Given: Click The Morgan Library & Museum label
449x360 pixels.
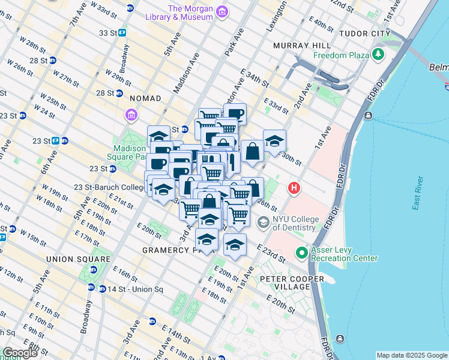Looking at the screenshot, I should click(190, 13).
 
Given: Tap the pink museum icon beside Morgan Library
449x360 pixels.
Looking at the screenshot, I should click(222, 12).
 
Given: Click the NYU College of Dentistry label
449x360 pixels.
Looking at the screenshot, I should click(294, 223).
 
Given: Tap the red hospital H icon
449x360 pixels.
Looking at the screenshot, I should click(294, 188).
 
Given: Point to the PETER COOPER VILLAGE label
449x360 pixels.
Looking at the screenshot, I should click(285, 283).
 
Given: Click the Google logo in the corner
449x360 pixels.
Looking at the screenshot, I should click(20, 352).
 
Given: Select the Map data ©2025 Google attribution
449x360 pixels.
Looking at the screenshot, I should click(412, 355).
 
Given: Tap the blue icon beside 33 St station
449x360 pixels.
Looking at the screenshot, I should click(122, 33).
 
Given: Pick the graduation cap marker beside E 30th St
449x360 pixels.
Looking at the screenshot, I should click(274, 142).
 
